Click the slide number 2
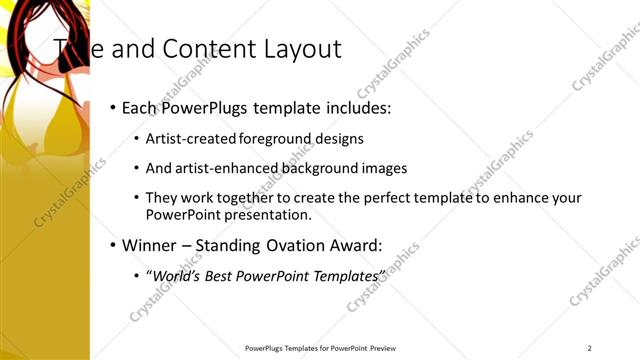590,348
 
